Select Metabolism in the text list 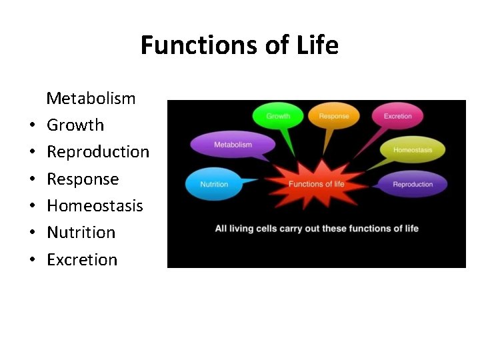point(91,99)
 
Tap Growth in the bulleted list point(75,125)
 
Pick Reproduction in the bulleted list point(98,152)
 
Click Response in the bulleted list point(83,179)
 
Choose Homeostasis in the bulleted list point(95,205)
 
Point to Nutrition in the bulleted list point(81,233)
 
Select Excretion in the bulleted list point(82,259)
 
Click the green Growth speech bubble point(278,117)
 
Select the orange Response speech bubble point(333,117)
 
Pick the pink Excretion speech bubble point(397,117)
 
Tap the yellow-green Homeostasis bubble point(412,150)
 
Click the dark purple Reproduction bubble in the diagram point(412,185)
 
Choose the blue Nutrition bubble point(214,185)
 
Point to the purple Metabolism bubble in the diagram point(233,145)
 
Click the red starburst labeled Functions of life point(316,184)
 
